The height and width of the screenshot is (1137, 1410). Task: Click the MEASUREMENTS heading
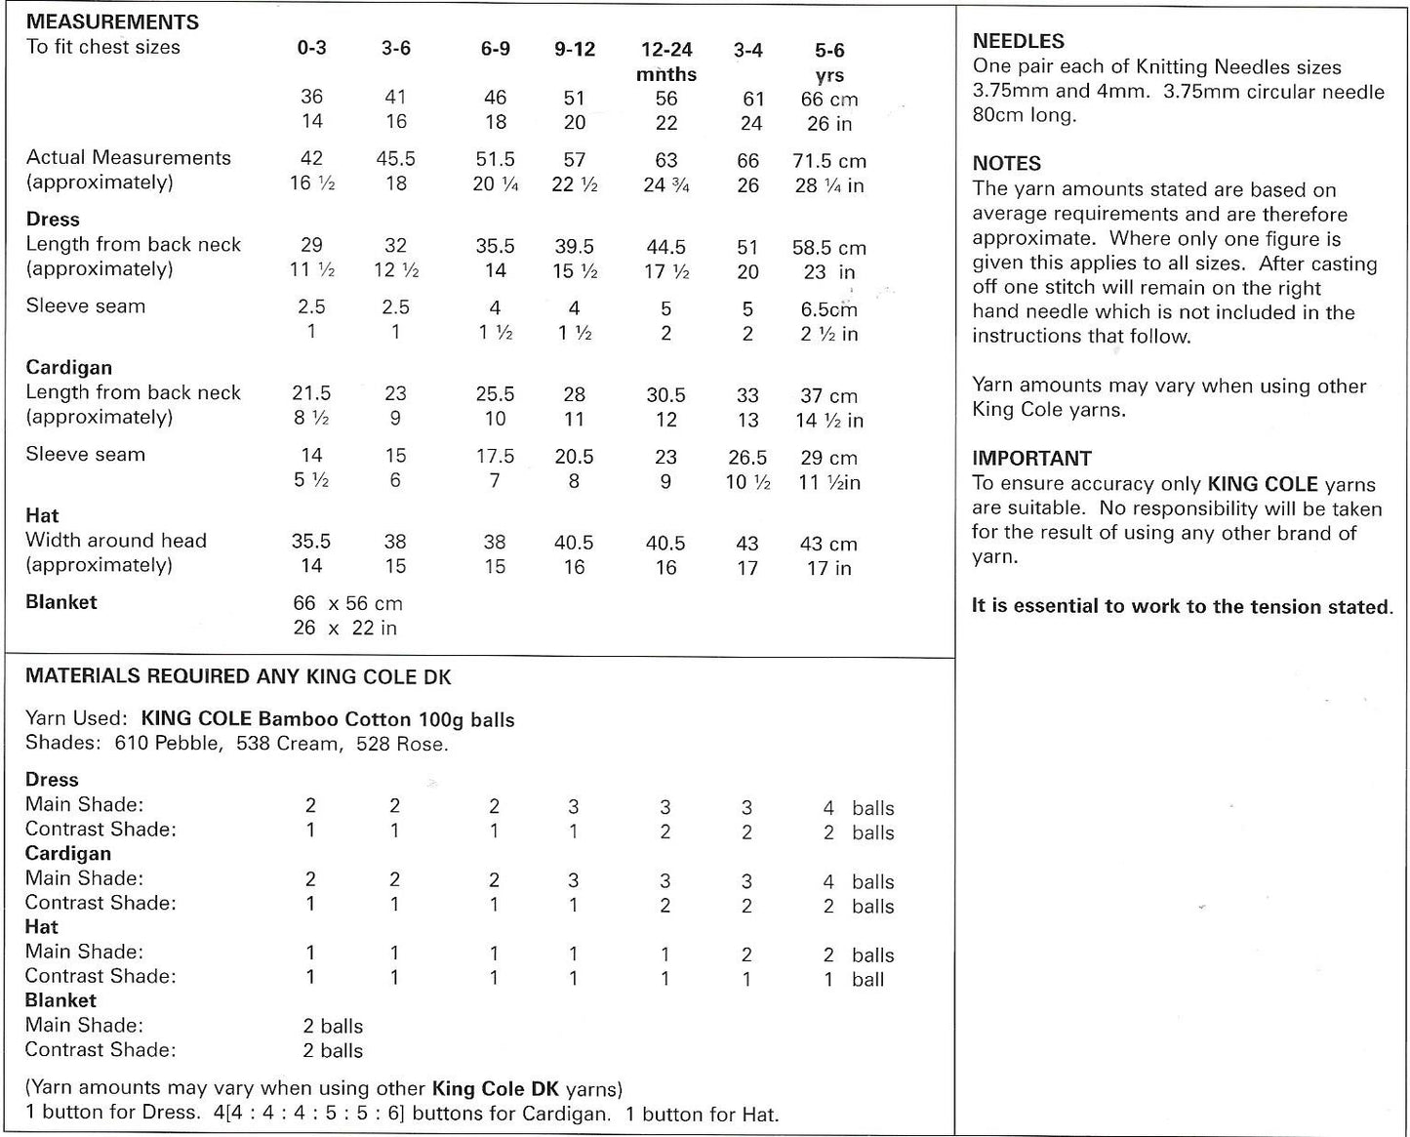tap(112, 21)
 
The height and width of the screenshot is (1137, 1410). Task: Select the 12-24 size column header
tap(666, 50)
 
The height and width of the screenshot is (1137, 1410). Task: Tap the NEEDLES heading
tap(1019, 41)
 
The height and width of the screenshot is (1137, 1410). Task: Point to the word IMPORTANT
tap(1031, 458)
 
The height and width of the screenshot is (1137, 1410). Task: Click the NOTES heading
tap(1007, 163)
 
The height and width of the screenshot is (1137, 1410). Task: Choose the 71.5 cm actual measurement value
tap(828, 161)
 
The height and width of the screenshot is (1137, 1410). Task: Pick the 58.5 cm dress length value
tap(828, 248)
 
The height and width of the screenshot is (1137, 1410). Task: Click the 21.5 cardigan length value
tap(311, 393)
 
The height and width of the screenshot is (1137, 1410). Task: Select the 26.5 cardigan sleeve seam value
tap(747, 457)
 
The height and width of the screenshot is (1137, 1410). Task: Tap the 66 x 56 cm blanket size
tap(347, 603)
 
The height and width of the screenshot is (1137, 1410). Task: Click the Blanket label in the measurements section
tap(61, 602)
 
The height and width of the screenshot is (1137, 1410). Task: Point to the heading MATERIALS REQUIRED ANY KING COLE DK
tap(238, 676)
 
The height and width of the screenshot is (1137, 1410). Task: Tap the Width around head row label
tap(116, 540)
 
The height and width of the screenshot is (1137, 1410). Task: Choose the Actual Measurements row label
tap(129, 158)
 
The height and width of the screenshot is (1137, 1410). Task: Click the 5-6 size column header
tap(829, 50)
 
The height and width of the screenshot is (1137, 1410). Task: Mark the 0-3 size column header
tap(311, 48)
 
